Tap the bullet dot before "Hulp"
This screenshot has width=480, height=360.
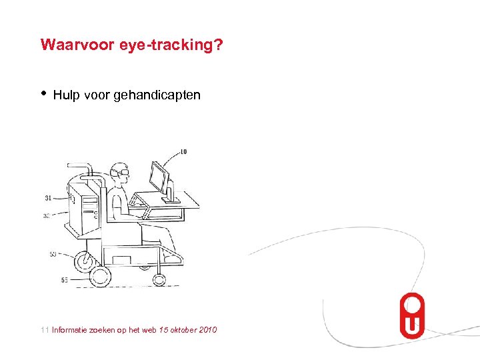click(43, 94)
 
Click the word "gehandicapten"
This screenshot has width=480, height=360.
click(157, 95)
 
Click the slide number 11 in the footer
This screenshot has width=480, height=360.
click(44, 329)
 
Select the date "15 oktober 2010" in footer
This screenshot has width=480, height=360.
click(188, 329)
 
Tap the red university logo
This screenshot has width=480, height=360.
click(411, 315)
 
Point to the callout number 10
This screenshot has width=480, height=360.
click(183, 151)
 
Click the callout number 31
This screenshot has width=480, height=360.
click(49, 198)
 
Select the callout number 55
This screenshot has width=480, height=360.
click(64, 280)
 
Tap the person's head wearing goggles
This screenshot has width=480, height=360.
click(120, 173)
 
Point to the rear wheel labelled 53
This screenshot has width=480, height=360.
click(83, 261)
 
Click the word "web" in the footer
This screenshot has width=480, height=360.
click(150, 329)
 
